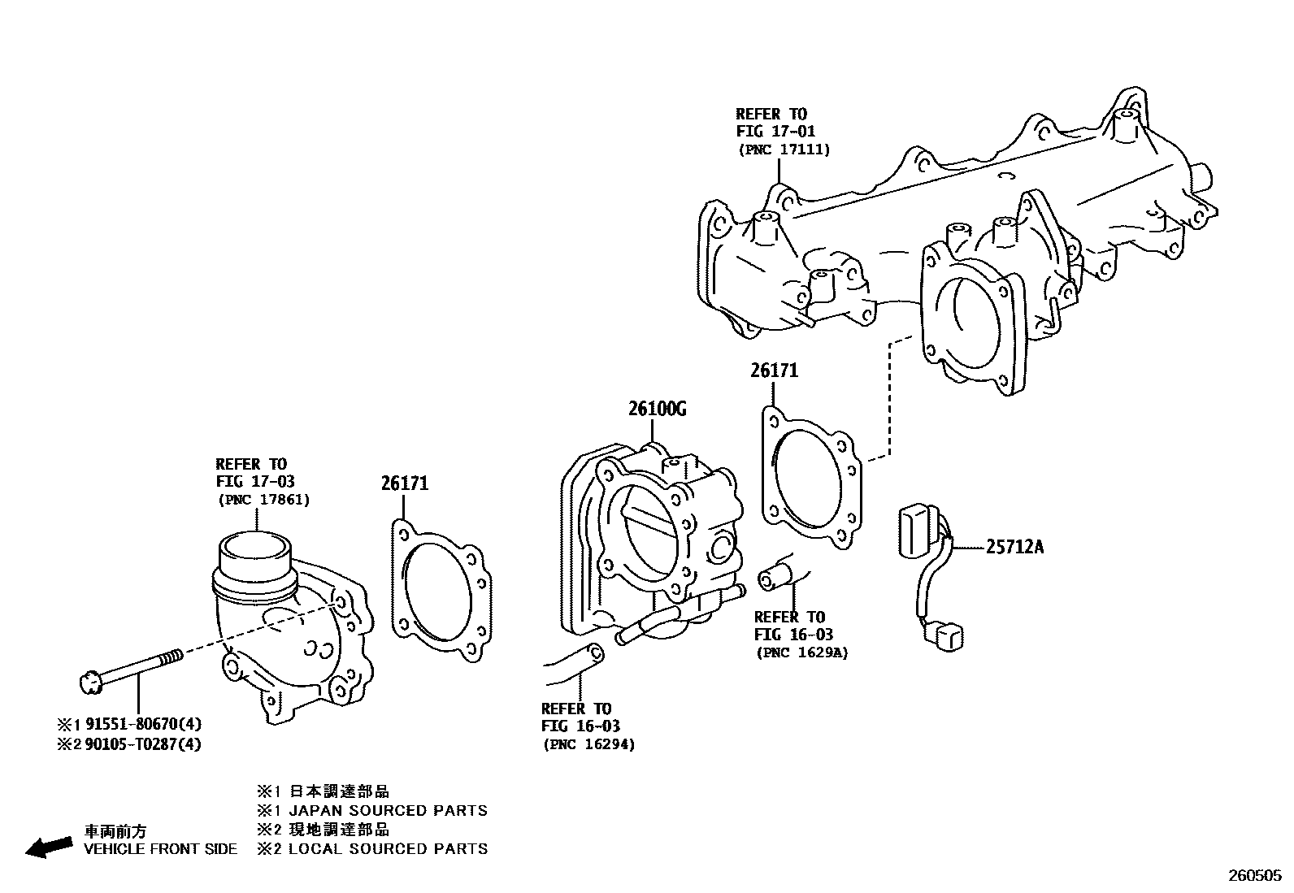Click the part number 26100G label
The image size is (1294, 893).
657,409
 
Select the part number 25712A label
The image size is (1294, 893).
1014,547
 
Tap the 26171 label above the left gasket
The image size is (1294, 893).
405,483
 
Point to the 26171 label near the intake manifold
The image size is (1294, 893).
774,371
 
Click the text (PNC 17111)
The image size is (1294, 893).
784,150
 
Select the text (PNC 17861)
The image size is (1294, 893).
263,500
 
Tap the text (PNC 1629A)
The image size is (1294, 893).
801,652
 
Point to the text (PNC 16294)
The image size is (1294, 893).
588,743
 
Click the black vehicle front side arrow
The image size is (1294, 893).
48,847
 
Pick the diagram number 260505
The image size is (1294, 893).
1253,876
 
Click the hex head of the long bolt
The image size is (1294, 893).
90,683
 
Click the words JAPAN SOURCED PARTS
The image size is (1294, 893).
389,810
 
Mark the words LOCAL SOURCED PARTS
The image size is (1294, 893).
389,849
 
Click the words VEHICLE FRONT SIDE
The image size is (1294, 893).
161,849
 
